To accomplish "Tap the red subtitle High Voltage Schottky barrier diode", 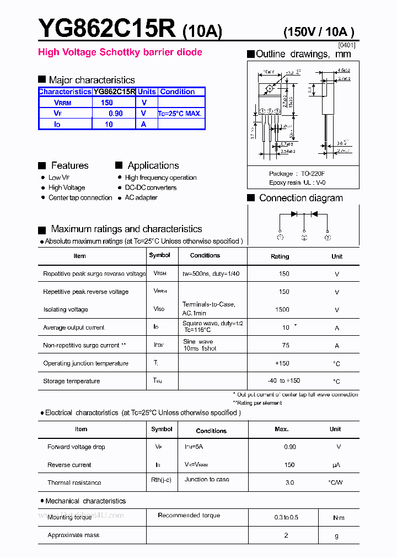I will pos(120,52).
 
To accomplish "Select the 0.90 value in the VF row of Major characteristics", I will pos(115,113).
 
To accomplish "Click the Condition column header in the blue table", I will pos(177,92).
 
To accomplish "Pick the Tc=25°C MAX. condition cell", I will pos(180,114).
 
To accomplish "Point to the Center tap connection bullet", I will pos(80,197).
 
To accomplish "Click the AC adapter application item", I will pos(141,197).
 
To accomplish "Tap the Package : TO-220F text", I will pos(297,173).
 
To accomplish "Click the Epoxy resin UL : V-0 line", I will pos(297,183).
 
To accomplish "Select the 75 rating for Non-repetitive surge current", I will pos(286,345).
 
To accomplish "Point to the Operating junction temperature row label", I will pos(85,363).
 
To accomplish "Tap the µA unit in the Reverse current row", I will pos(336,465).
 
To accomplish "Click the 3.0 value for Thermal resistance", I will pos(289,482).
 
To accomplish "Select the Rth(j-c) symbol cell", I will pos(161,480).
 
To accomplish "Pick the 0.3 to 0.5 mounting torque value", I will pos(286,517).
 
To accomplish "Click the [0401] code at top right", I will pos(346,45).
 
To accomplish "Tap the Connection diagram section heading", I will pos(301,198).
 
